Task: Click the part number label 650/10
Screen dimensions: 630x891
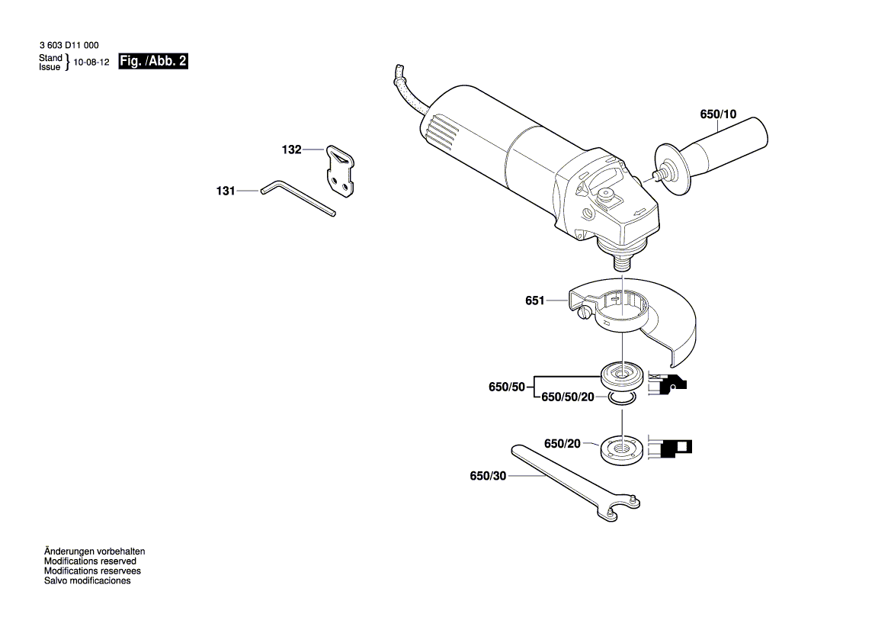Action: pyautogui.click(x=718, y=114)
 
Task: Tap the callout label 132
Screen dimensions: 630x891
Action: pyautogui.click(x=291, y=149)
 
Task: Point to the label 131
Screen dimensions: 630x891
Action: pyautogui.click(x=225, y=191)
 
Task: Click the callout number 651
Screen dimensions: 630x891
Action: pyautogui.click(x=534, y=301)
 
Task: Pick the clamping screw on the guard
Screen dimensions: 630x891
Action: pyautogui.click(x=585, y=312)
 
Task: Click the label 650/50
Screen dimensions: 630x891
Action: pyautogui.click(x=507, y=387)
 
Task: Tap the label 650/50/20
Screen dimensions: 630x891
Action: pyautogui.click(x=567, y=397)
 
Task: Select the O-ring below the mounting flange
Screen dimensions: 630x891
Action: pyautogui.click(x=621, y=399)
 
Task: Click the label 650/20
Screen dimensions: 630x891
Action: pyautogui.click(x=562, y=443)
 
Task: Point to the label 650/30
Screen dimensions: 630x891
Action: pyautogui.click(x=489, y=476)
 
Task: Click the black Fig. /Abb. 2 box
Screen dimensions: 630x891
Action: pyautogui.click(x=152, y=62)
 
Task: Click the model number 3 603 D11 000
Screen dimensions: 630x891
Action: pyautogui.click(x=68, y=46)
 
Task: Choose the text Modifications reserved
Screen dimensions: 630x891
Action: pyautogui.click(x=90, y=561)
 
